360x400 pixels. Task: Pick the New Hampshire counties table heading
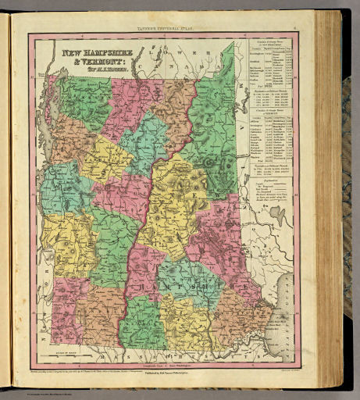click(x=266, y=41)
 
